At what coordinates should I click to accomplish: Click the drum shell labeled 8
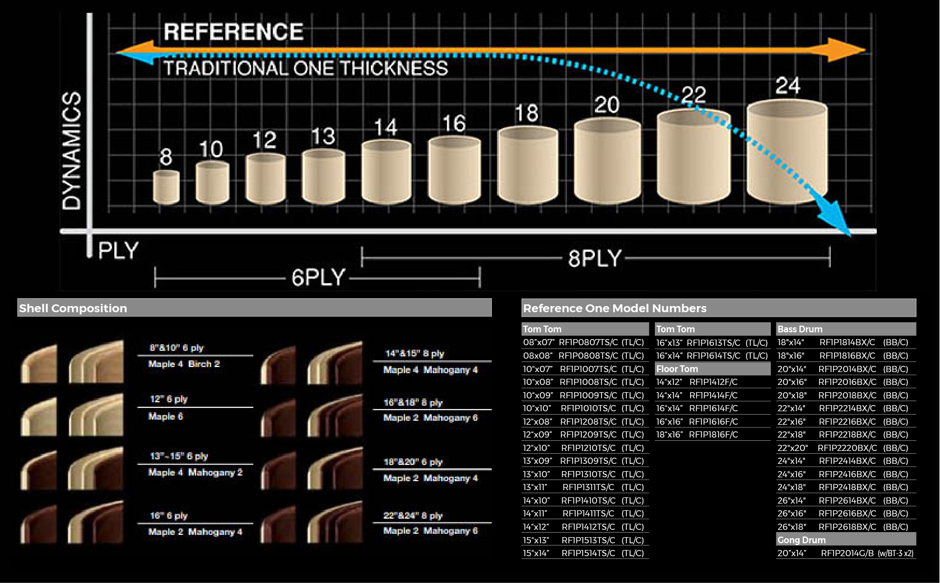166,187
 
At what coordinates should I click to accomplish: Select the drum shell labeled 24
787,152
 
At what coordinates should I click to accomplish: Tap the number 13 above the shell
323,136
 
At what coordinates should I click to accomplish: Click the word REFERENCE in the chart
234,32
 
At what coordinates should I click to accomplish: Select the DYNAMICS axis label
71,151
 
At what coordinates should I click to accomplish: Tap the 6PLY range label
318,278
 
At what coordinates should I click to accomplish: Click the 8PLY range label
594,258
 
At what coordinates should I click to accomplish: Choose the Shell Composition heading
73,308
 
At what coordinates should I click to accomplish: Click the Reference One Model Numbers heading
615,308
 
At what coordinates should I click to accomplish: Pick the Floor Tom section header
677,369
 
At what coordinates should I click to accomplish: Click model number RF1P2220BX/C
847,448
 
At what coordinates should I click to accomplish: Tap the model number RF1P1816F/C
713,435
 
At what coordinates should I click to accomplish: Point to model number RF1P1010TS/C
588,408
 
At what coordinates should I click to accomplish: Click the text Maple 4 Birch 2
184,364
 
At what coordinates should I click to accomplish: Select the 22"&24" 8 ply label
413,515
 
